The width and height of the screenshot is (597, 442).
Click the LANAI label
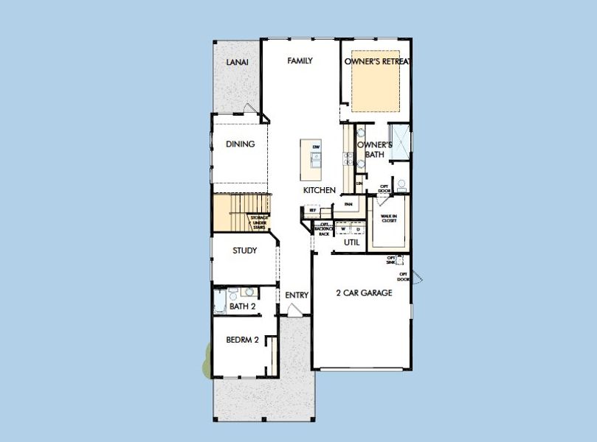237,63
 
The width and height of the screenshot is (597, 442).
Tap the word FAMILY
300,61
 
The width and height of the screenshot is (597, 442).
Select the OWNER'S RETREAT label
377,61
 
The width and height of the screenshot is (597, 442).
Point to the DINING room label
240,144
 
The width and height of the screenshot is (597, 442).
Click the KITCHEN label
320,190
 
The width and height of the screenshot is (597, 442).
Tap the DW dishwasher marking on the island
316,148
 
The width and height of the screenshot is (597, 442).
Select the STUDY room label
245,250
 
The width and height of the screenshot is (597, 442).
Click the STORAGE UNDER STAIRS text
258,222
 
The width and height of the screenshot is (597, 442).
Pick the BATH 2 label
242,306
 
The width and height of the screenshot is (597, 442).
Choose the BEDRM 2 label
242,340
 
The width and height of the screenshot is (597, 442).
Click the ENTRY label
297,295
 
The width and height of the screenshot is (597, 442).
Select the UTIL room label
351,242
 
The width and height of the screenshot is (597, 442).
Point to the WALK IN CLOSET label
390,218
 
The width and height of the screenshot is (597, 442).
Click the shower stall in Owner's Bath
399,143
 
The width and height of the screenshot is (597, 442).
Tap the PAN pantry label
348,204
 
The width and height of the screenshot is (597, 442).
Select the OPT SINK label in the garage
390,260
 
